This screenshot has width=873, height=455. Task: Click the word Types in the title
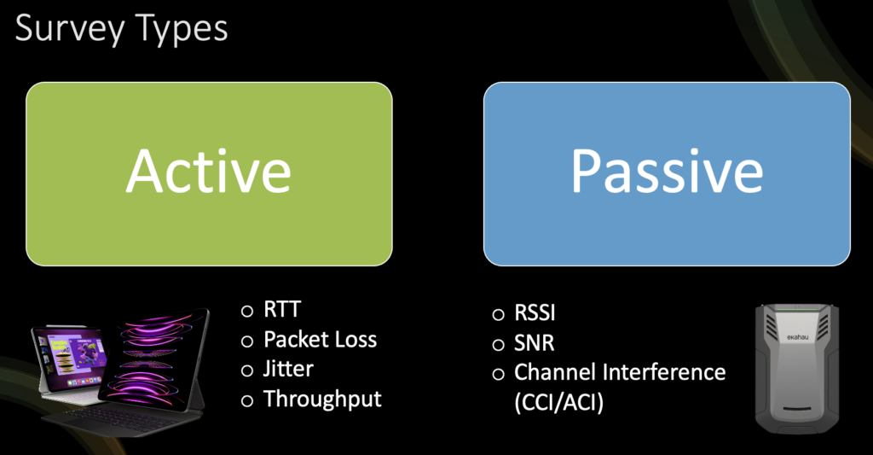point(180,30)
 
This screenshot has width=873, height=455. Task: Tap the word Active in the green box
point(209,171)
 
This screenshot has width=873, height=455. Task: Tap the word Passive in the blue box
point(667,171)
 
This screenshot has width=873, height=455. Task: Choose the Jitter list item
point(288,369)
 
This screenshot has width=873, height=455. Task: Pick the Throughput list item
point(322,399)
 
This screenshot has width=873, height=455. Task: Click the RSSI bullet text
point(535,313)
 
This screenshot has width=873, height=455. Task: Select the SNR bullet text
point(534,343)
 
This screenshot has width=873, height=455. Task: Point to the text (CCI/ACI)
point(558,402)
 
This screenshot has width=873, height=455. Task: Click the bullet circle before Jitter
point(247,370)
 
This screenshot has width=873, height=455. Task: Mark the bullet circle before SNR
point(498,344)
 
